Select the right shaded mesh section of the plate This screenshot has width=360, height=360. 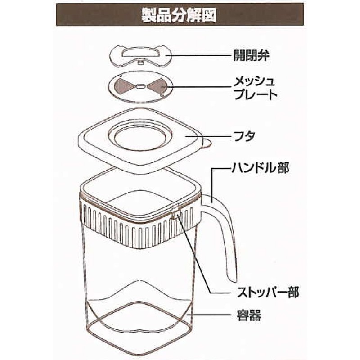tap(157, 87)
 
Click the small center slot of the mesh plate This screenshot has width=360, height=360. tap(139, 86)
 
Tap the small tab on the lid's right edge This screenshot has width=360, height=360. tap(207, 144)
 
